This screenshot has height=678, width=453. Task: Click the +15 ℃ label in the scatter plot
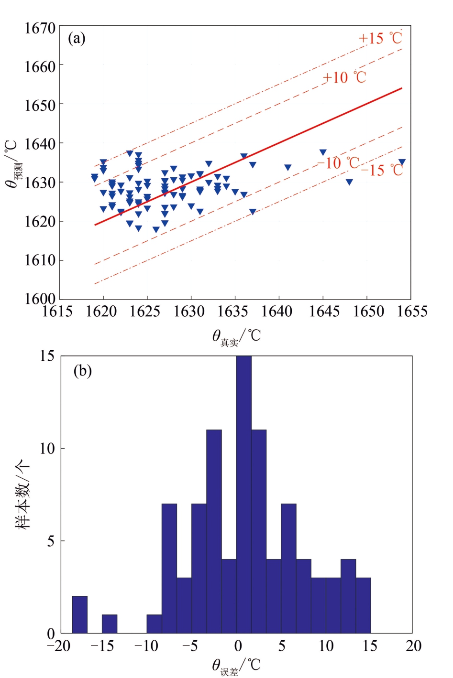pos(381,38)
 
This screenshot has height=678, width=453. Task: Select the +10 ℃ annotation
pos(344,77)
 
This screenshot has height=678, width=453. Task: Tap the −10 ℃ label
pos(339,163)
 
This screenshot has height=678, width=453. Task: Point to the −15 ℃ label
pos(382,170)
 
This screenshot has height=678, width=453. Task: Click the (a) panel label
pos(77,38)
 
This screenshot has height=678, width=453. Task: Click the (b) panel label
pos(82,371)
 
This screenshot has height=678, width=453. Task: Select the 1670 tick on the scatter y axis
pos(40,28)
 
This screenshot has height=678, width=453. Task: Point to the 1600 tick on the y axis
pos(40,299)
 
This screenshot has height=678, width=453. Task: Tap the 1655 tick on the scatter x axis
pos(412,312)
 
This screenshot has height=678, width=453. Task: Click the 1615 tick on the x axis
pos(58,312)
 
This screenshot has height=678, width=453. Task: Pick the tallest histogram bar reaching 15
pos(244,495)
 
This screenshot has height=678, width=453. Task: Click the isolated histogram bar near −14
pos(110,624)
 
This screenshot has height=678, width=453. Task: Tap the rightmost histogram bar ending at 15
pos(363,605)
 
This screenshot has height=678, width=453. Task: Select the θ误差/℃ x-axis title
pos(236,666)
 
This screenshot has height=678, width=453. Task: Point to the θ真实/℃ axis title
pos(236,337)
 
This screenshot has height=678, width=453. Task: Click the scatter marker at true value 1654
pos(402,162)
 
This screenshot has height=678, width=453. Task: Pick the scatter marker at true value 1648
pos(349,182)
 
